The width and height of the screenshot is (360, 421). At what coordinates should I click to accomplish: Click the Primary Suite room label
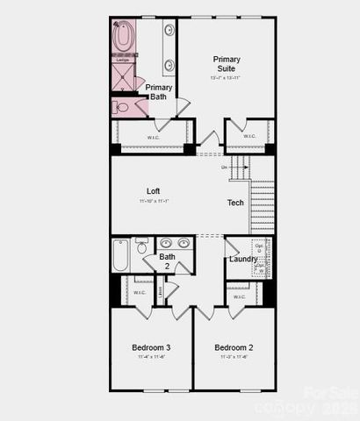tap(227, 64)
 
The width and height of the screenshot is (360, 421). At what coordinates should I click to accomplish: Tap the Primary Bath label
tap(158, 92)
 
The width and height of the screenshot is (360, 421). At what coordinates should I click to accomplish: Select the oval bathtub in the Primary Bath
tap(123, 37)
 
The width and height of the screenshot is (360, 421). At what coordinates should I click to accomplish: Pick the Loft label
tap(154, 190)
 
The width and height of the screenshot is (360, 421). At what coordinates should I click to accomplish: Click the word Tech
tap(235, 203)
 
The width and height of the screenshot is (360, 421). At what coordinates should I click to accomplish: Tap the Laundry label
tap(243, 259)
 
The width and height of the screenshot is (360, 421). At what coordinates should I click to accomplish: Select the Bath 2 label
tap(167, 261)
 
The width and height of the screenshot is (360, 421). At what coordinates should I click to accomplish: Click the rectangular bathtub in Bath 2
tap(120, 255)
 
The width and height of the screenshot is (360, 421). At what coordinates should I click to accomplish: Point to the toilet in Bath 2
tap(141, 248)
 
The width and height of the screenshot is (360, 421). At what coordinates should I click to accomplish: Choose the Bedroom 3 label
tap(151, 348)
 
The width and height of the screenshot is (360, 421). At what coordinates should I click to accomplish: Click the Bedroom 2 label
tap(234, 348)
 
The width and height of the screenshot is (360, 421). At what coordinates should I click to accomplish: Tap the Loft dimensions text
tap(154, 202)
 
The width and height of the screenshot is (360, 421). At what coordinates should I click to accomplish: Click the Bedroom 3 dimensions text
tap(151, 358)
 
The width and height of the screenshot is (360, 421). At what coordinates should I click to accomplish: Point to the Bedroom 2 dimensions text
tap(234, 358)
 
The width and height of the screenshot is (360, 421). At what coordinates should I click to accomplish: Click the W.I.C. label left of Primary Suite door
tap(152, 136)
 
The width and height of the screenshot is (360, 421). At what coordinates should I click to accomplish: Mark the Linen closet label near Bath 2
tap(159, 291)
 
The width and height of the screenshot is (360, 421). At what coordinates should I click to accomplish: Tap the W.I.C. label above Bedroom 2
tap(239, 296)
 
